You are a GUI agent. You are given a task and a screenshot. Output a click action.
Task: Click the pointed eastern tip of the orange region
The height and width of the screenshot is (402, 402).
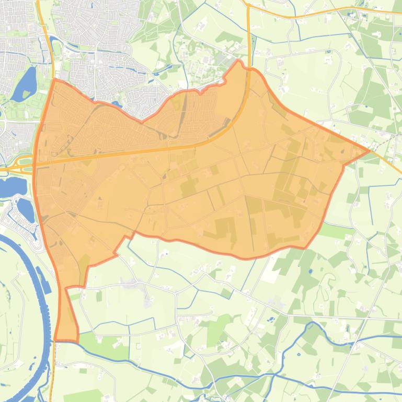point(370,151)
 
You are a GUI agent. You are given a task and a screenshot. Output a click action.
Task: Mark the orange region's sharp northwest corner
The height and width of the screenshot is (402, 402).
point(55,80)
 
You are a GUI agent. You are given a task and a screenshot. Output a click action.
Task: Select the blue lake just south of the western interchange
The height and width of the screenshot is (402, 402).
point(12,186)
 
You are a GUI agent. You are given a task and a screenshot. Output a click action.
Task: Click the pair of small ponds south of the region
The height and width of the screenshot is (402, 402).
point(270,318)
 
